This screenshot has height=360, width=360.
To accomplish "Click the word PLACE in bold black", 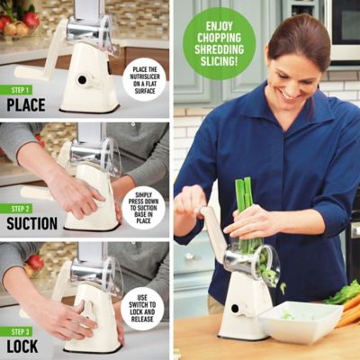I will point(26,104).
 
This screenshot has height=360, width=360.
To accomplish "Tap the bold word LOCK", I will point(24,343).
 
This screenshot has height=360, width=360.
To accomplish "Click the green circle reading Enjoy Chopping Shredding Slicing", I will point(219,43).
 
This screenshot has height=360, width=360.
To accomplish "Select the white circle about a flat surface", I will point(144,79).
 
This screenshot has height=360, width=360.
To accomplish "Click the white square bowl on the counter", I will point(300,320).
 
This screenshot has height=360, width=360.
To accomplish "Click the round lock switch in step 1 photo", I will point(83,80).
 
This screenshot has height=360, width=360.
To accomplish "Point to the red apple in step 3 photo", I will point(34,262).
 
